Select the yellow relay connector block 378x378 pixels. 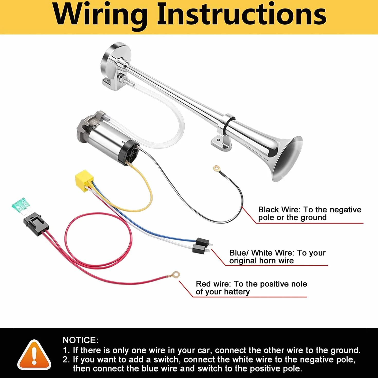click(85, 180)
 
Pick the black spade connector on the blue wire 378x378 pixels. click(203, 242)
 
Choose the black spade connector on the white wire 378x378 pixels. click(200, 249)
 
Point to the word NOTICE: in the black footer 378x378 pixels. click(80, 340)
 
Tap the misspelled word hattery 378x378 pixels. click(237, 292)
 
